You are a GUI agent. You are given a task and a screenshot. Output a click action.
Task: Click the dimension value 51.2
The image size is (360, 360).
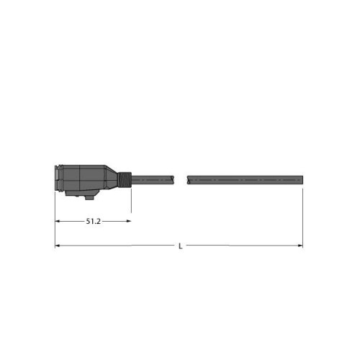93,221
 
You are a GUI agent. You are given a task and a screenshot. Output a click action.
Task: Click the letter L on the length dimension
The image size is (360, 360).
180,246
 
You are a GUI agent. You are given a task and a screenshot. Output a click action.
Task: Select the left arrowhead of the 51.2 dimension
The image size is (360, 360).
58,221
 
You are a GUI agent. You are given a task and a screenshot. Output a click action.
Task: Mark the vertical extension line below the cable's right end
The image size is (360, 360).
302,216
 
